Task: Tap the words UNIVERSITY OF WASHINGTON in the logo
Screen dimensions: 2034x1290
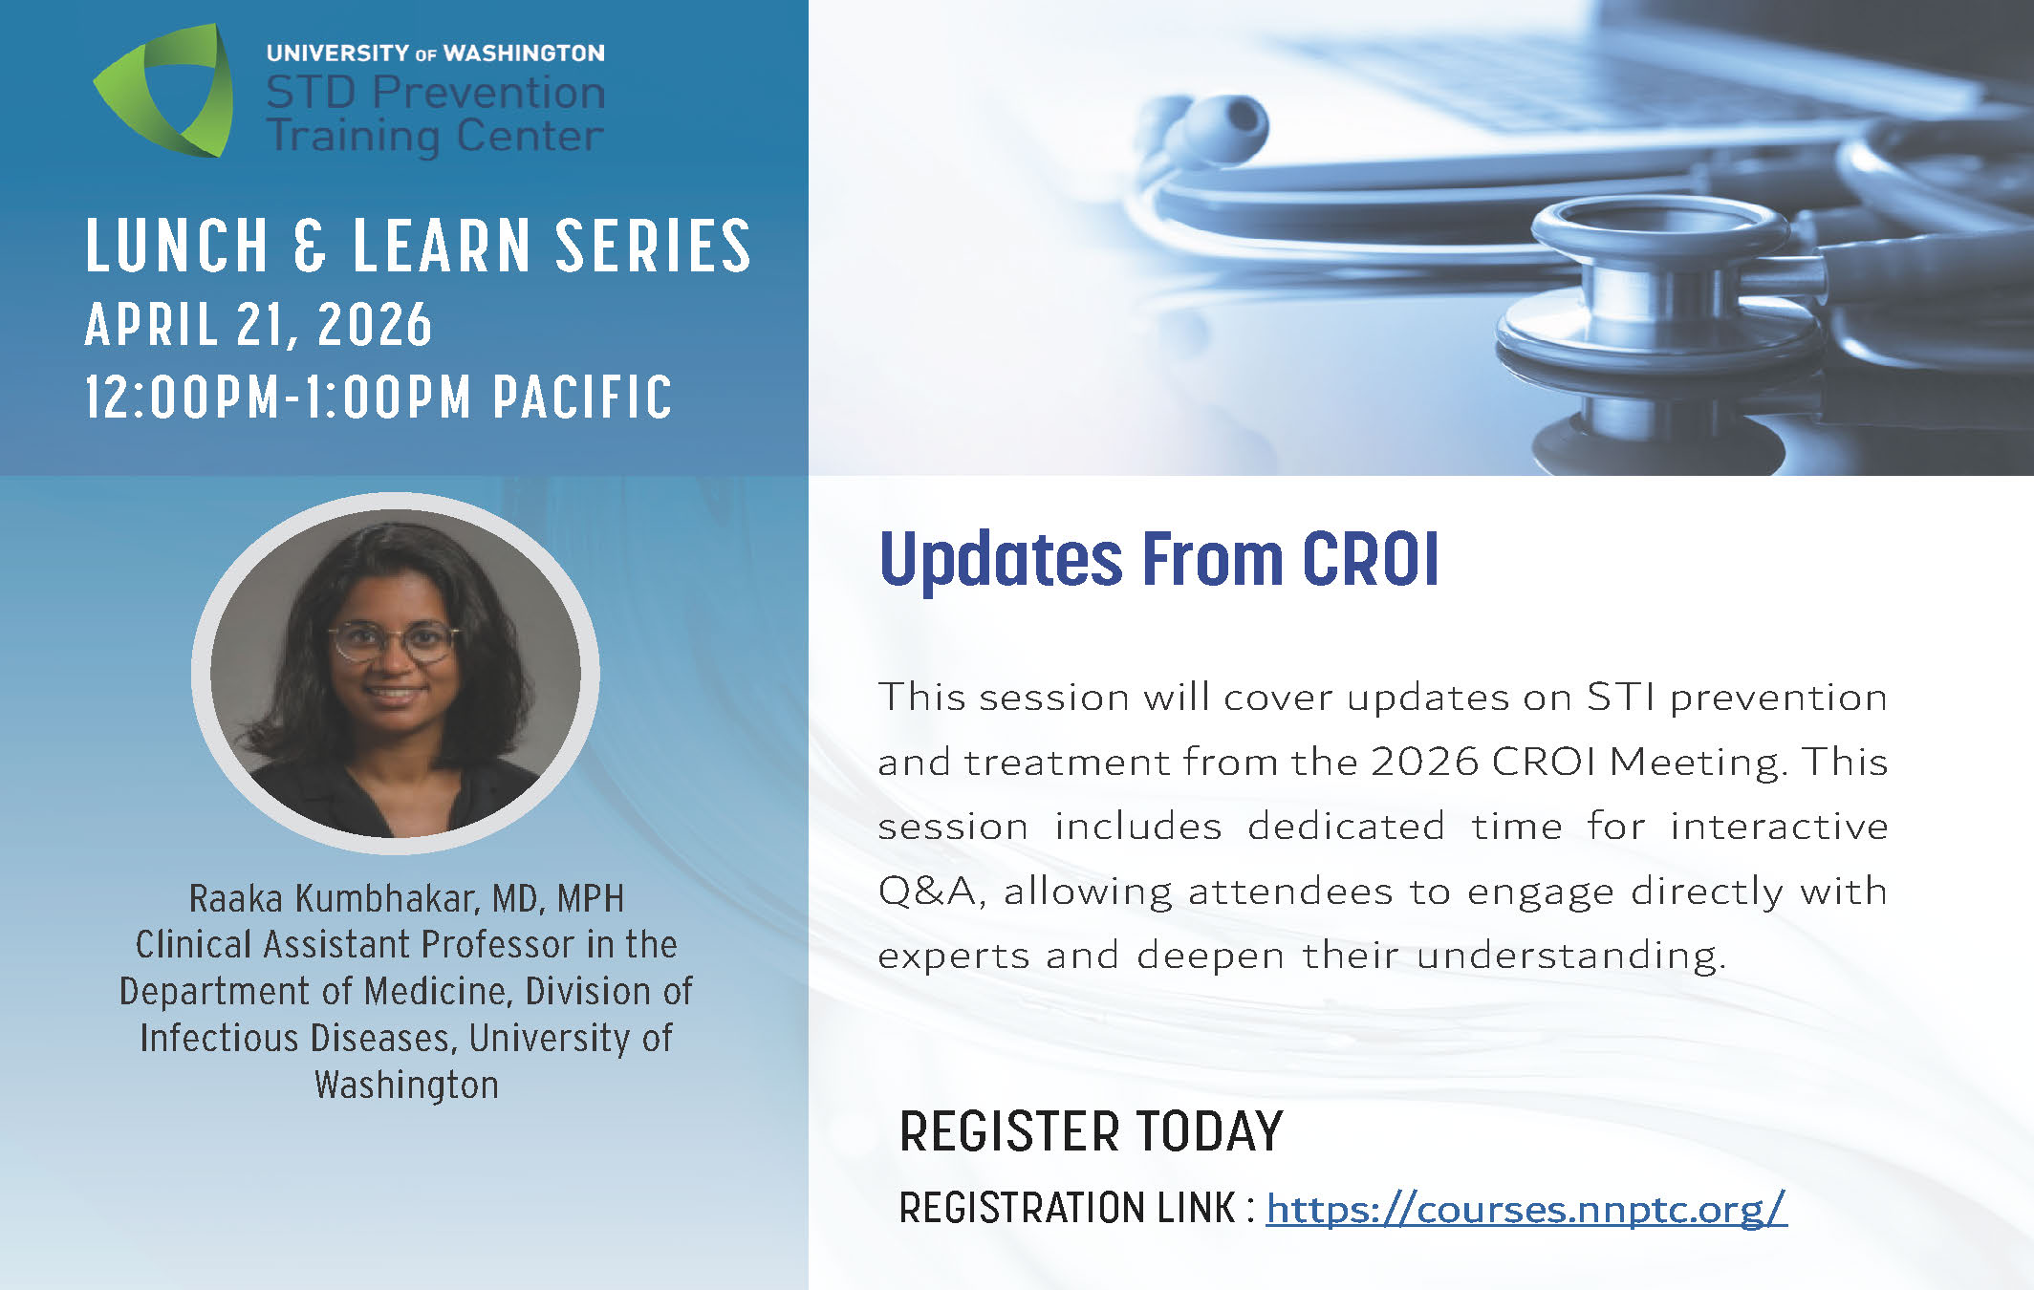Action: pos(436,54)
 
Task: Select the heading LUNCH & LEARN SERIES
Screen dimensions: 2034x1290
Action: pos(419,246)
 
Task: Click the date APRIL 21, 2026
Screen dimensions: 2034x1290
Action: pos(259,325)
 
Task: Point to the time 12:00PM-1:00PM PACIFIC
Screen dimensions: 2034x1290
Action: pos(379,397)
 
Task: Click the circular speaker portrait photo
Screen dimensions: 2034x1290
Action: pos(396,673)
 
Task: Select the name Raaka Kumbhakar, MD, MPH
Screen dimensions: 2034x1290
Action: pos(406,898)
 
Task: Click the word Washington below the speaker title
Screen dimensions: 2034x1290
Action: pos(406,1086)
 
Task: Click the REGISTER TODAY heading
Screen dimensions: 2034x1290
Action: pos(1091,1131)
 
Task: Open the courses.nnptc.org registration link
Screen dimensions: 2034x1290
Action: pos(1526,1209)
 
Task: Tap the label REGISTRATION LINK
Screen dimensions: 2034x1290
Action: pos(1067,1208)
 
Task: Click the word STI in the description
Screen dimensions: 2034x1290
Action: pos(1621,697)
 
